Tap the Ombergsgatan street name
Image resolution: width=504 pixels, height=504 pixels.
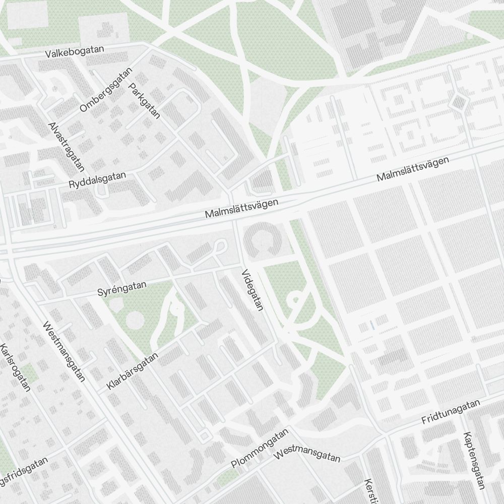tap(105, 90)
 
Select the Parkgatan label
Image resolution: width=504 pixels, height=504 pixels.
tap(144, 101)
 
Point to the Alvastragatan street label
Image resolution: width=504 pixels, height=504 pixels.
tap(66, 146)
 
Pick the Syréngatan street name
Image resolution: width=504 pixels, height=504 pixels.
tap(121, 289)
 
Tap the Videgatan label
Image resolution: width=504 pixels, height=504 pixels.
tap(252, 290)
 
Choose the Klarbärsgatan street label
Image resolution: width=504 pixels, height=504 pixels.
tap(133, 371)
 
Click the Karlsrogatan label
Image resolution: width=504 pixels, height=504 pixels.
tap(16, 368)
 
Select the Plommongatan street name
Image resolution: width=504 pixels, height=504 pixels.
tap(260, 449)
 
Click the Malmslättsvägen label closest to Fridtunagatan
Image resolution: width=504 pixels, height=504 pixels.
tap(412, 170)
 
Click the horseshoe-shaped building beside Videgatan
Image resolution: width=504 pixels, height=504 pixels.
tap(263, 240)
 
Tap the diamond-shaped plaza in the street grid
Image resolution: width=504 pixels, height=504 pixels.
tap(459, 102)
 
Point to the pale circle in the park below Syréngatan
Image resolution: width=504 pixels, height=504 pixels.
tap(135, 320)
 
